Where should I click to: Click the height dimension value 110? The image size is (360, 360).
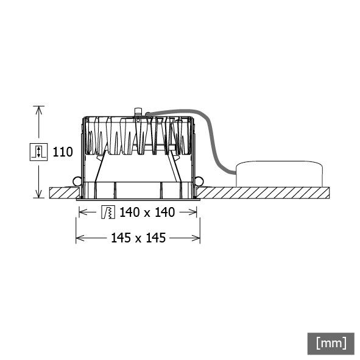click(63, 151)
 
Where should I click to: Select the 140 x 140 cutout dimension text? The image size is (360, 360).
click(147, 213)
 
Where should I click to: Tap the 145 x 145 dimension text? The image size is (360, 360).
click(138, 238)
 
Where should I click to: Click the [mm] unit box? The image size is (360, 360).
click(331, 342)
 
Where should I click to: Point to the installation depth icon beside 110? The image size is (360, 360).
click(39, 151)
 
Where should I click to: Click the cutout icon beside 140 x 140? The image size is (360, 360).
click(107, 213)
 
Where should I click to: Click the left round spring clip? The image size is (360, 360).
click(77, 181)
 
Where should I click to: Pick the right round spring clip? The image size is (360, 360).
click(199, 181)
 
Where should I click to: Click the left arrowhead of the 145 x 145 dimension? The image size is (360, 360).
click(79, 238)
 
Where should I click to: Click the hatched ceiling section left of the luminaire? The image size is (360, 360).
click(61, 192)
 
